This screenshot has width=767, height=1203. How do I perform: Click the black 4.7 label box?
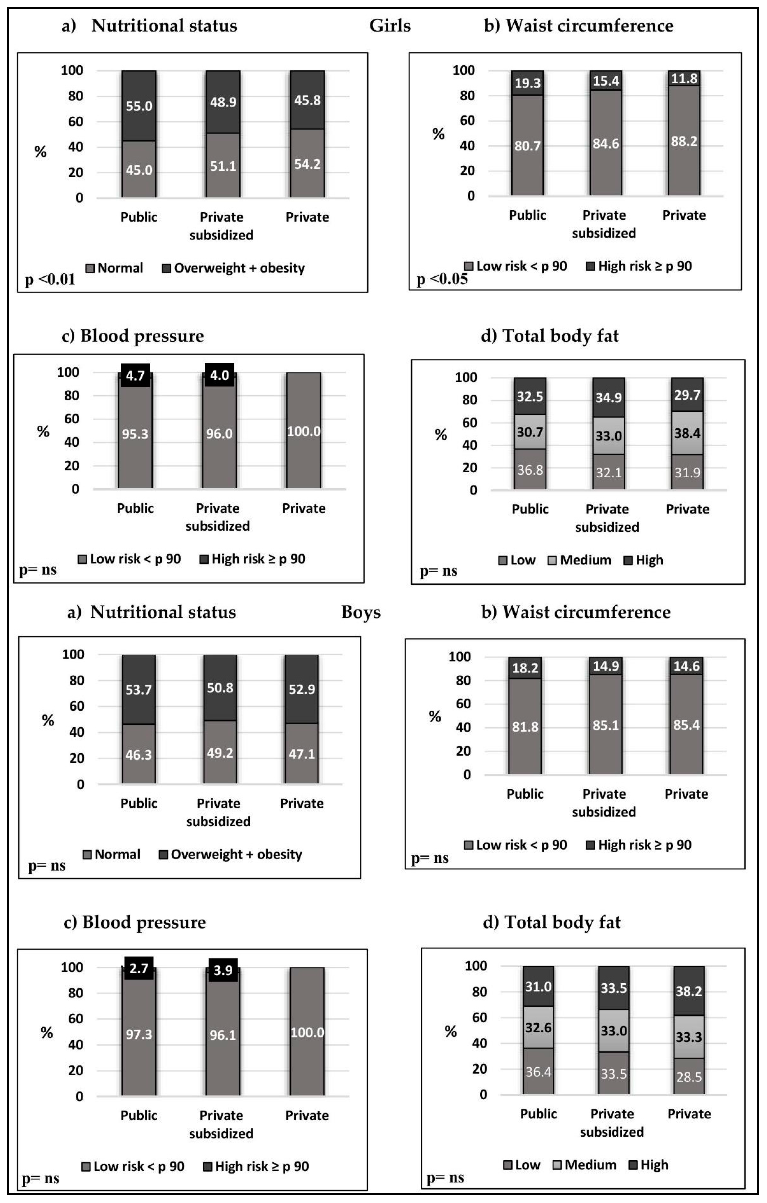click(x=135, y=375)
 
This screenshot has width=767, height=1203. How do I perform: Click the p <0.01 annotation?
click(x=50, y=279)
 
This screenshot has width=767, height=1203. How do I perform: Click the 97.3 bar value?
click(x=138, y=1034)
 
